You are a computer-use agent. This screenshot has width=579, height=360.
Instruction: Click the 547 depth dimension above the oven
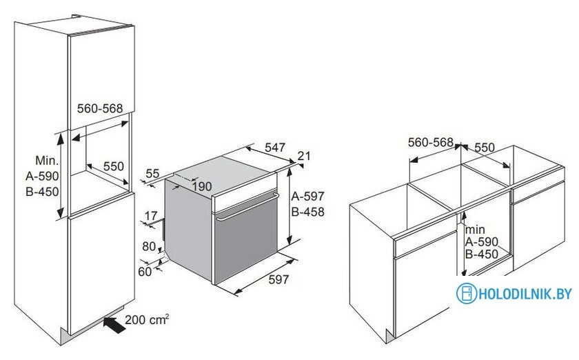click(x=275, y=148)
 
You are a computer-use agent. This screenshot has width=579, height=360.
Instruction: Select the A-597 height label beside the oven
click(x=307, y=196)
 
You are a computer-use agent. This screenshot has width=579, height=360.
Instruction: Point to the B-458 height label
click(x=307, y=212)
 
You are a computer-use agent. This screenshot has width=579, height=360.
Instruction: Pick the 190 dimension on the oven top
click(x=201, y=187)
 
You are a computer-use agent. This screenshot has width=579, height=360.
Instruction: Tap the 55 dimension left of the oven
click(x=152, y=174)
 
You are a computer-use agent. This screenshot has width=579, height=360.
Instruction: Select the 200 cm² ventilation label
click(x=148, y=320)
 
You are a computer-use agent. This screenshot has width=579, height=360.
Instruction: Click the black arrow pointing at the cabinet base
click(x=113, y=321)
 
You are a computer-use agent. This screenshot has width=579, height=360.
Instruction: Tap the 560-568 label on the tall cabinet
click(x=100, y=108)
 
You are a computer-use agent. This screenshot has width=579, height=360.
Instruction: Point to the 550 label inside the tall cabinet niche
click(x=114, y=166)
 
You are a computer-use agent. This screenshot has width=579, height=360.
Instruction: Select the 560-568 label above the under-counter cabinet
click(x=430, y=143)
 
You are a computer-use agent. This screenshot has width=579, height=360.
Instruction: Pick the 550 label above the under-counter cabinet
click(x=485, y=147)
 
